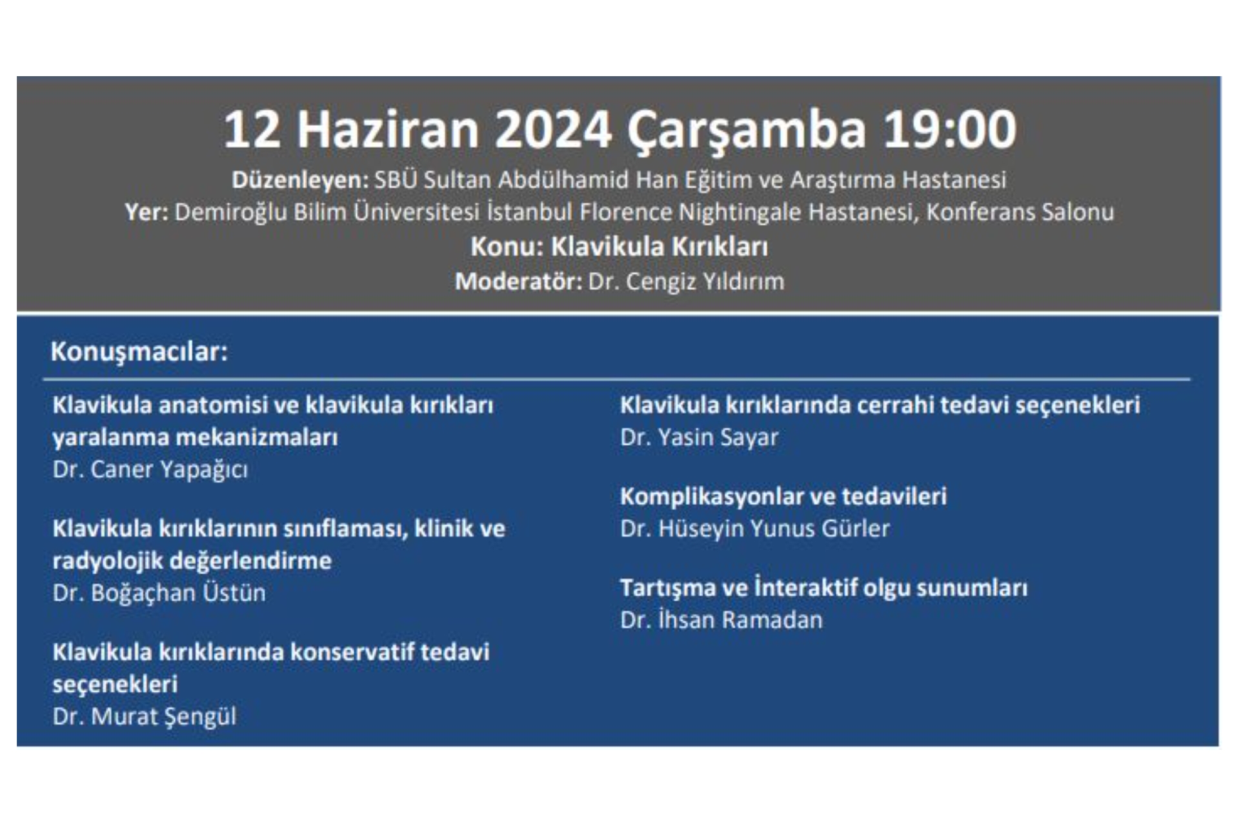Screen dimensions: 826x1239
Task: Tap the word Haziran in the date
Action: pos(388,130)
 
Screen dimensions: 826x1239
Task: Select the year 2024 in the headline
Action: pos(553,130)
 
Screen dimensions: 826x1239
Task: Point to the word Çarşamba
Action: pos(746,130)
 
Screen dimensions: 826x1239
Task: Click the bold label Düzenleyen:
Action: pos(299,180)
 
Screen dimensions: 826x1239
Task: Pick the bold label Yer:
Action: pos(146,212)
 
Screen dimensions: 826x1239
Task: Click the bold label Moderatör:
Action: pos(518,282)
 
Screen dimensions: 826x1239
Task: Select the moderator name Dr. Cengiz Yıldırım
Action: pos(686,282)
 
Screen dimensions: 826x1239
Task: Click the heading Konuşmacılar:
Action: pos(139,352)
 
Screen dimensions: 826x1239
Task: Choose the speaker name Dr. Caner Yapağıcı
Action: pos(150,470)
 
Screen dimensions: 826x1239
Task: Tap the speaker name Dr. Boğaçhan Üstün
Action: pos(159,593)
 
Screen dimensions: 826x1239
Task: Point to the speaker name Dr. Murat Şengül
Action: pos(145,716)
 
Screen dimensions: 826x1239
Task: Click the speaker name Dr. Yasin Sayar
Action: pos(699,438)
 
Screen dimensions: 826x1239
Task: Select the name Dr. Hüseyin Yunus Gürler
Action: pos(754,529)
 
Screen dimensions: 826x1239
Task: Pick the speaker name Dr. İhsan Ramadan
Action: pos(721,620)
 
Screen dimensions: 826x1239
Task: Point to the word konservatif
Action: pos(351,652)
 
